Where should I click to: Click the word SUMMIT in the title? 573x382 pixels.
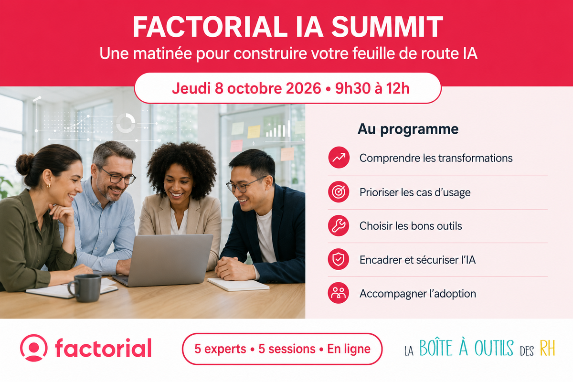[387, 27]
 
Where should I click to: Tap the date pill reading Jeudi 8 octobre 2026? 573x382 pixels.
[288, 88]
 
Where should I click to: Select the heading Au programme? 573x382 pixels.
[408, 129]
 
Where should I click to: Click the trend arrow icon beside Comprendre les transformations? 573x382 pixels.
[339, 158]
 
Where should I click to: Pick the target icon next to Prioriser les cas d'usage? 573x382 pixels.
[339, 191]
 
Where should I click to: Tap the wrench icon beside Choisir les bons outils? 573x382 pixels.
[339, 226]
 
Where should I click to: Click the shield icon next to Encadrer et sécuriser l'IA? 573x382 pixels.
[339, 259]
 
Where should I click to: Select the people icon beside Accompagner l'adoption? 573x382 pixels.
[338, 293]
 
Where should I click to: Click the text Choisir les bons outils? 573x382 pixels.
[411, 226]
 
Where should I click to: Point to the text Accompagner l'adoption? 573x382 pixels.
[418, 294]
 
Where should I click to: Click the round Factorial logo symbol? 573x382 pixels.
[33, 348]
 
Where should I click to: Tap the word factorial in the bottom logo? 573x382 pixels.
[103, 348]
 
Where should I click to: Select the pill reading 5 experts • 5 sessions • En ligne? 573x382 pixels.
[282, 349]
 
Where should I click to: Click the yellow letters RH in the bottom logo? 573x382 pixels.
[547, 348]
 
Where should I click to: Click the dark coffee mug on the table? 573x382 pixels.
[85, 288]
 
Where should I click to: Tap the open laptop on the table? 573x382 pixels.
[164, 260]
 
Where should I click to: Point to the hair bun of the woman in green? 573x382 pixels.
[25, 164]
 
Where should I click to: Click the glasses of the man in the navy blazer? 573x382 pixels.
[245, 185]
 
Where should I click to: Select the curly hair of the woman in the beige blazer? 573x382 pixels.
[181, 164]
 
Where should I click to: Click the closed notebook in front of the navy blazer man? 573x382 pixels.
[238, 285]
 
